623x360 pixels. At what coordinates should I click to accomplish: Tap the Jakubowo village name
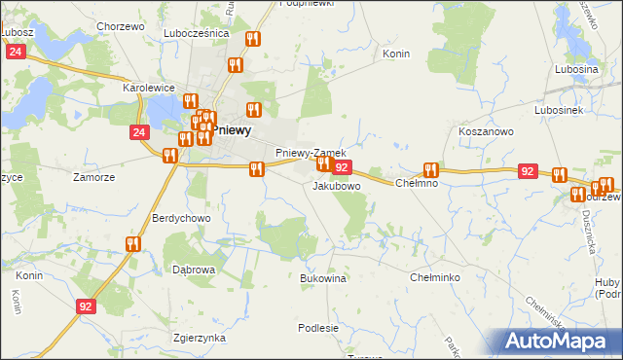(x=337, y=185)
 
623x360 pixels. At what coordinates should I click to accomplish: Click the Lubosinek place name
(x=558, y=111)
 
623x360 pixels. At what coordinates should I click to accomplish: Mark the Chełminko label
(x=435, y=277)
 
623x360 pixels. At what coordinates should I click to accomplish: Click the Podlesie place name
(x=318, y=328)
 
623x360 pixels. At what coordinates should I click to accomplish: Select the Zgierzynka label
(x=198, y=338)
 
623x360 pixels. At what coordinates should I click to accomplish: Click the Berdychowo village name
(x=181, y=218)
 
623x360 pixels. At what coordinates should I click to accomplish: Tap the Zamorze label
(x=94, y=177)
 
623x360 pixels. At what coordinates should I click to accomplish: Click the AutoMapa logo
(x=559, y=342)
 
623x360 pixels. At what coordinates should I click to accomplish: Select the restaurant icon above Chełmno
(x=430, y=169)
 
